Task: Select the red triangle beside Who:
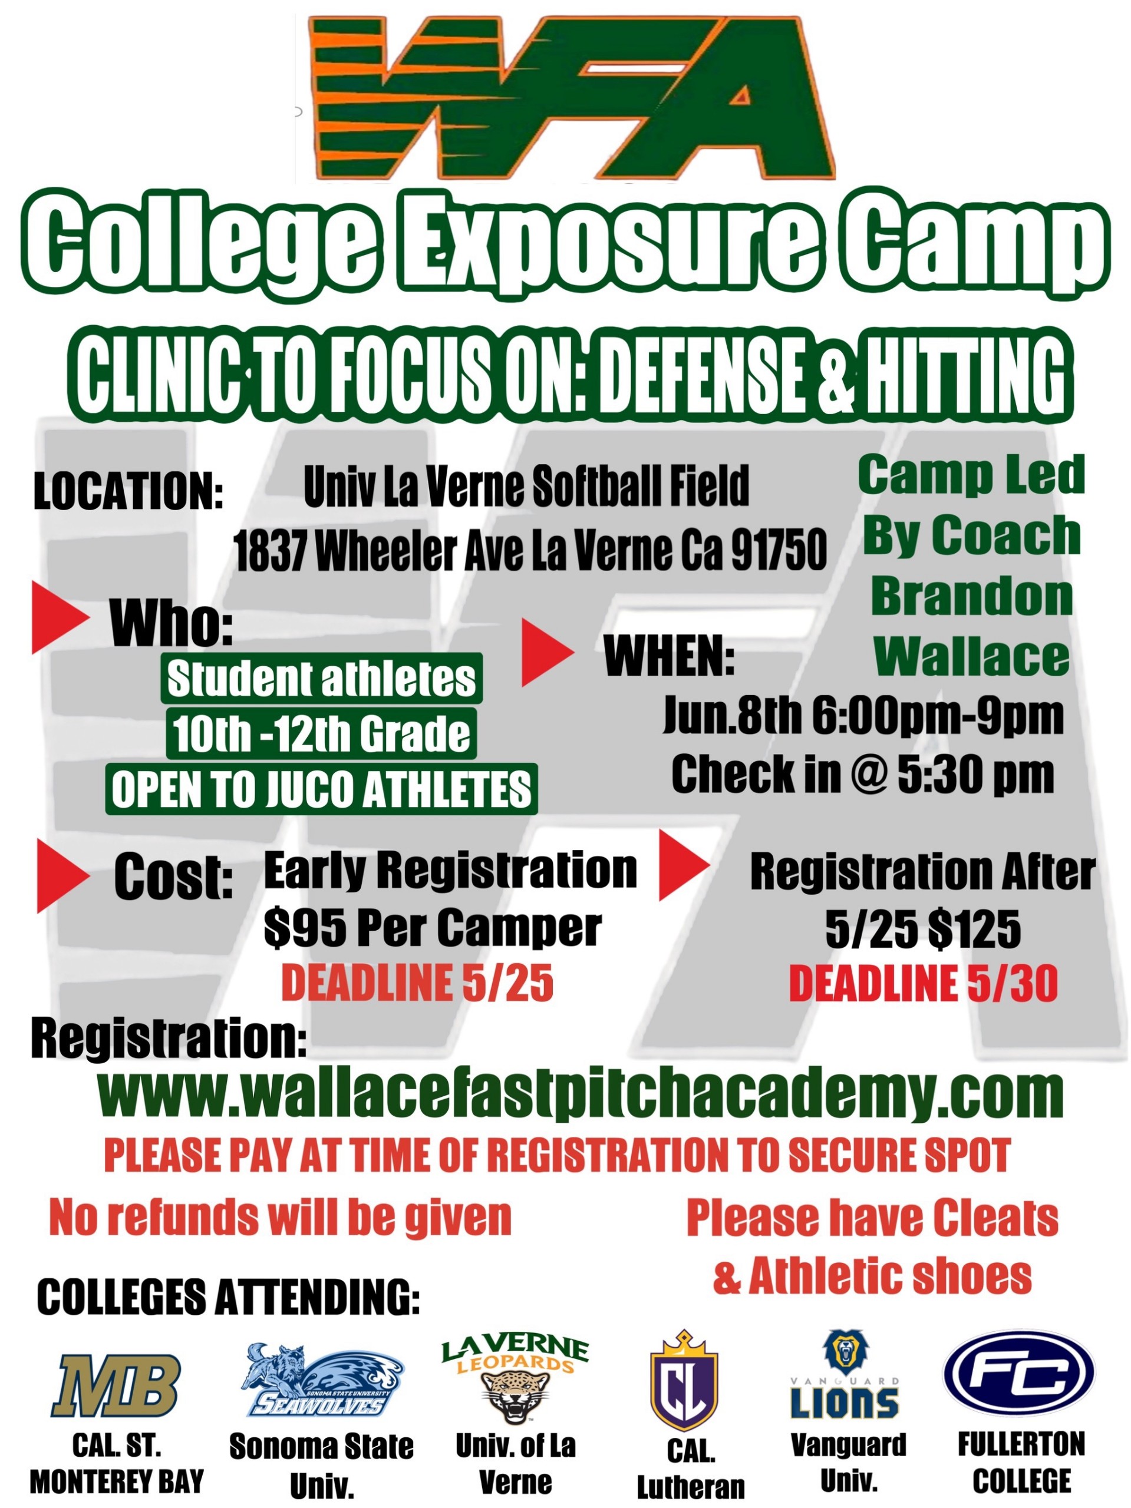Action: tap(60, 617)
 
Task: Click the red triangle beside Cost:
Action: tap(62, 876)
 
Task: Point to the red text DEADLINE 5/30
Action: tap(923, 984)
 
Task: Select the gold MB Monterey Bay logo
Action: tap(117, 1386)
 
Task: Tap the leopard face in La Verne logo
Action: tap(515, 1396)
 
